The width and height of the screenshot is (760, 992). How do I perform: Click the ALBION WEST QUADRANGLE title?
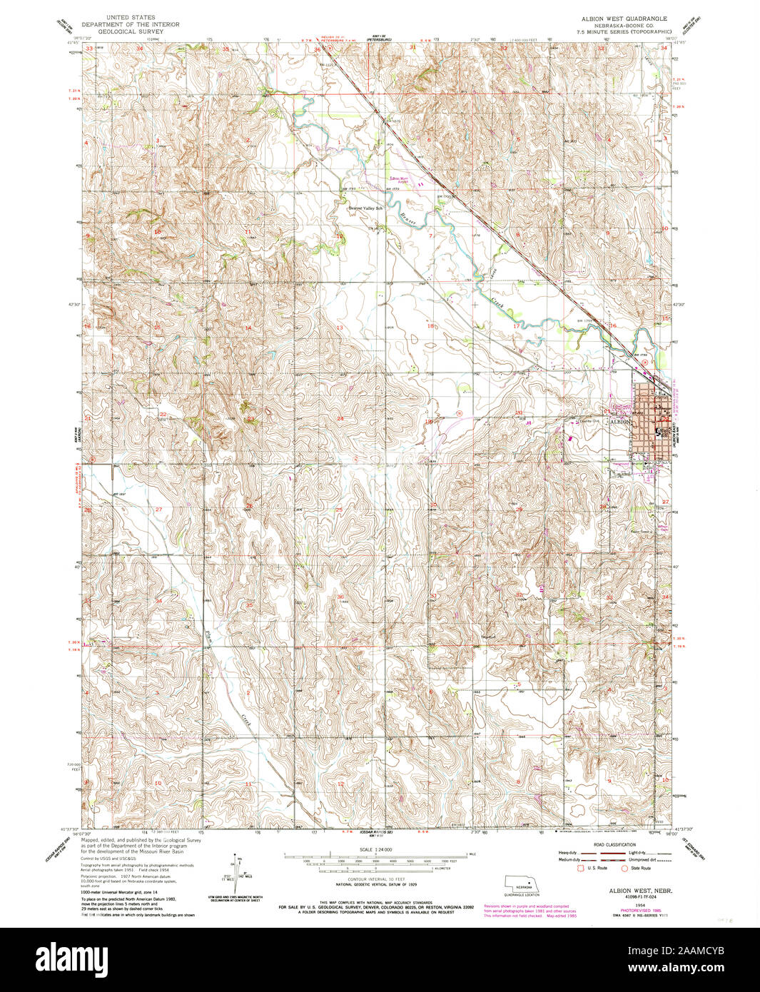click(x=624, y=18)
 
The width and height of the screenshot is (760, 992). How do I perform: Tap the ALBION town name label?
click(x=619, y=422)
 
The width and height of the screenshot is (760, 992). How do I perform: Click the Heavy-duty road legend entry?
click(x=569, y=853)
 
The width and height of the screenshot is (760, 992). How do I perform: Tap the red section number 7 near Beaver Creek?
click(x=431, y=236)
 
